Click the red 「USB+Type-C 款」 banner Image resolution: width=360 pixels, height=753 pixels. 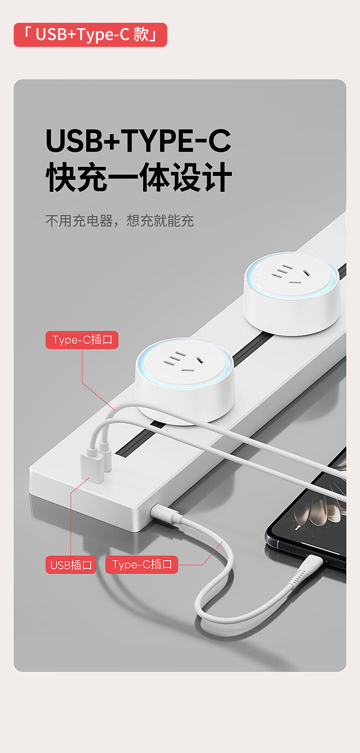90,35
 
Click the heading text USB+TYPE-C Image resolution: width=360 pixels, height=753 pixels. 139,140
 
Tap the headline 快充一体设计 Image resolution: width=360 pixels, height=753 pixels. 139,177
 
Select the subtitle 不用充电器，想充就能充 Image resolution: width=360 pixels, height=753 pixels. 120,221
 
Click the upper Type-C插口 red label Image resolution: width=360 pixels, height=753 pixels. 82,340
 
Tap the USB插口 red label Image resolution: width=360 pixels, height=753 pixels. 71,565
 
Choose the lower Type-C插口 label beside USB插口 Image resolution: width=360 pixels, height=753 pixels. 142,564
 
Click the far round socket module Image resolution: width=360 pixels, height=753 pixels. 291,293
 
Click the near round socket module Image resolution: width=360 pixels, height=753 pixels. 185,380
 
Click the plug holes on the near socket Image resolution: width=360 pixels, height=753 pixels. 184,362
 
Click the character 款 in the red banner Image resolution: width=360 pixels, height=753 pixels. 141,34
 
